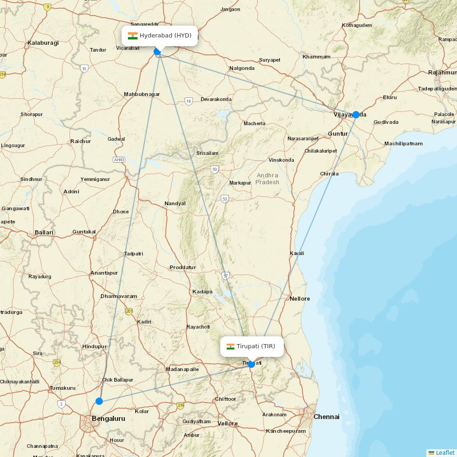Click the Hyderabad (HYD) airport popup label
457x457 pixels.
pos(159,36)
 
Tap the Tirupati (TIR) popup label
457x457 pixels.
pos(252,346)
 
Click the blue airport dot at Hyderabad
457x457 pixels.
pos(157,52)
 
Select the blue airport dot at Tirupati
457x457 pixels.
pos(251,364)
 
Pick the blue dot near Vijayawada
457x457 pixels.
pos(356,115)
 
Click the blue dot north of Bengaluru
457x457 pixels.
pos(99,401)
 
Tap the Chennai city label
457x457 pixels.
pos(326,417)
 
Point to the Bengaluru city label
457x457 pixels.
pos(108,419)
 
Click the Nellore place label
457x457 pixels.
pos(300,299)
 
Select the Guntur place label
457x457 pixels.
pos(338,133)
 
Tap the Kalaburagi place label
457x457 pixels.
pos(43,43)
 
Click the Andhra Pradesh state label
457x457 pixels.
pos(267,179)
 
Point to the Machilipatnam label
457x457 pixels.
pos(403,143)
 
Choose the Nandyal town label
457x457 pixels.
pos(175,203)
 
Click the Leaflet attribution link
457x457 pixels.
pos(445,452)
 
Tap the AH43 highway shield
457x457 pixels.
pos(119,159)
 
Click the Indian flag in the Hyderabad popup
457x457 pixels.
pos(133,36)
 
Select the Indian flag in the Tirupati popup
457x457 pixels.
pos(230,346)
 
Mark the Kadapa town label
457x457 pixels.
pos(202,292)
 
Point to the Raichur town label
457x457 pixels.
pos(80,141)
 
